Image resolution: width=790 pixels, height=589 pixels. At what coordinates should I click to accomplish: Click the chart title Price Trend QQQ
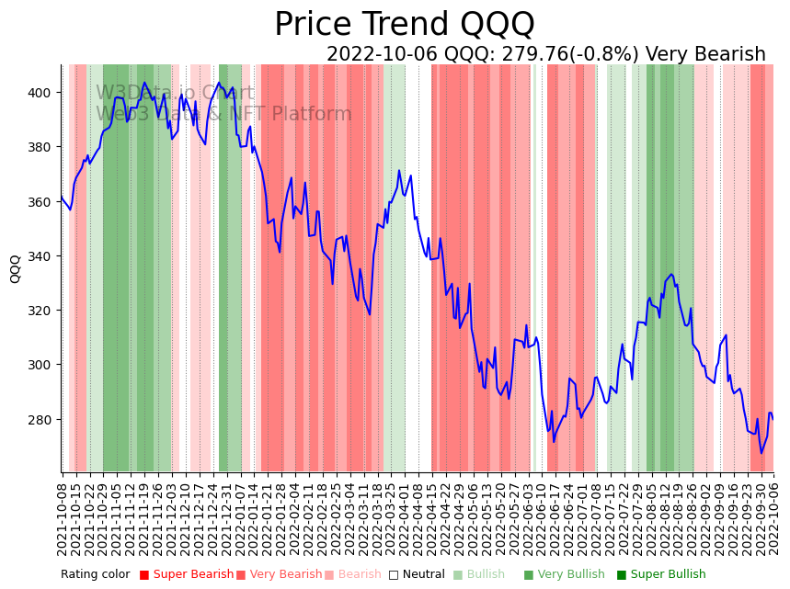(x=404, y=24)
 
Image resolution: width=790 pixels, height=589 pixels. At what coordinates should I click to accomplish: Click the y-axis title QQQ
(x=16, y=268)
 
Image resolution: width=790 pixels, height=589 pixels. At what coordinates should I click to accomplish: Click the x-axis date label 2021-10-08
(x=63, y=520)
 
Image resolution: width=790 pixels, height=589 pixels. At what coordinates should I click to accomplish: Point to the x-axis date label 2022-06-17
(x=555, y=520)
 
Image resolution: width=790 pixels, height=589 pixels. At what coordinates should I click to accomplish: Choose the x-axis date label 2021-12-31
(x=226, y=520)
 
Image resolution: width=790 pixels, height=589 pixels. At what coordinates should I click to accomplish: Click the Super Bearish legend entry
(x=188, y=575)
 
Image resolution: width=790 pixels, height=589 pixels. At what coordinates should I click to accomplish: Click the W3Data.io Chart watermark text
(x=175, y=93)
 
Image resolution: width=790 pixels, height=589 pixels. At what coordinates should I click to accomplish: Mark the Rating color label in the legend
(x=96, y=575)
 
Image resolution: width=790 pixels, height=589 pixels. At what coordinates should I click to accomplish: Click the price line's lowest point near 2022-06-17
(x=554, y=441)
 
